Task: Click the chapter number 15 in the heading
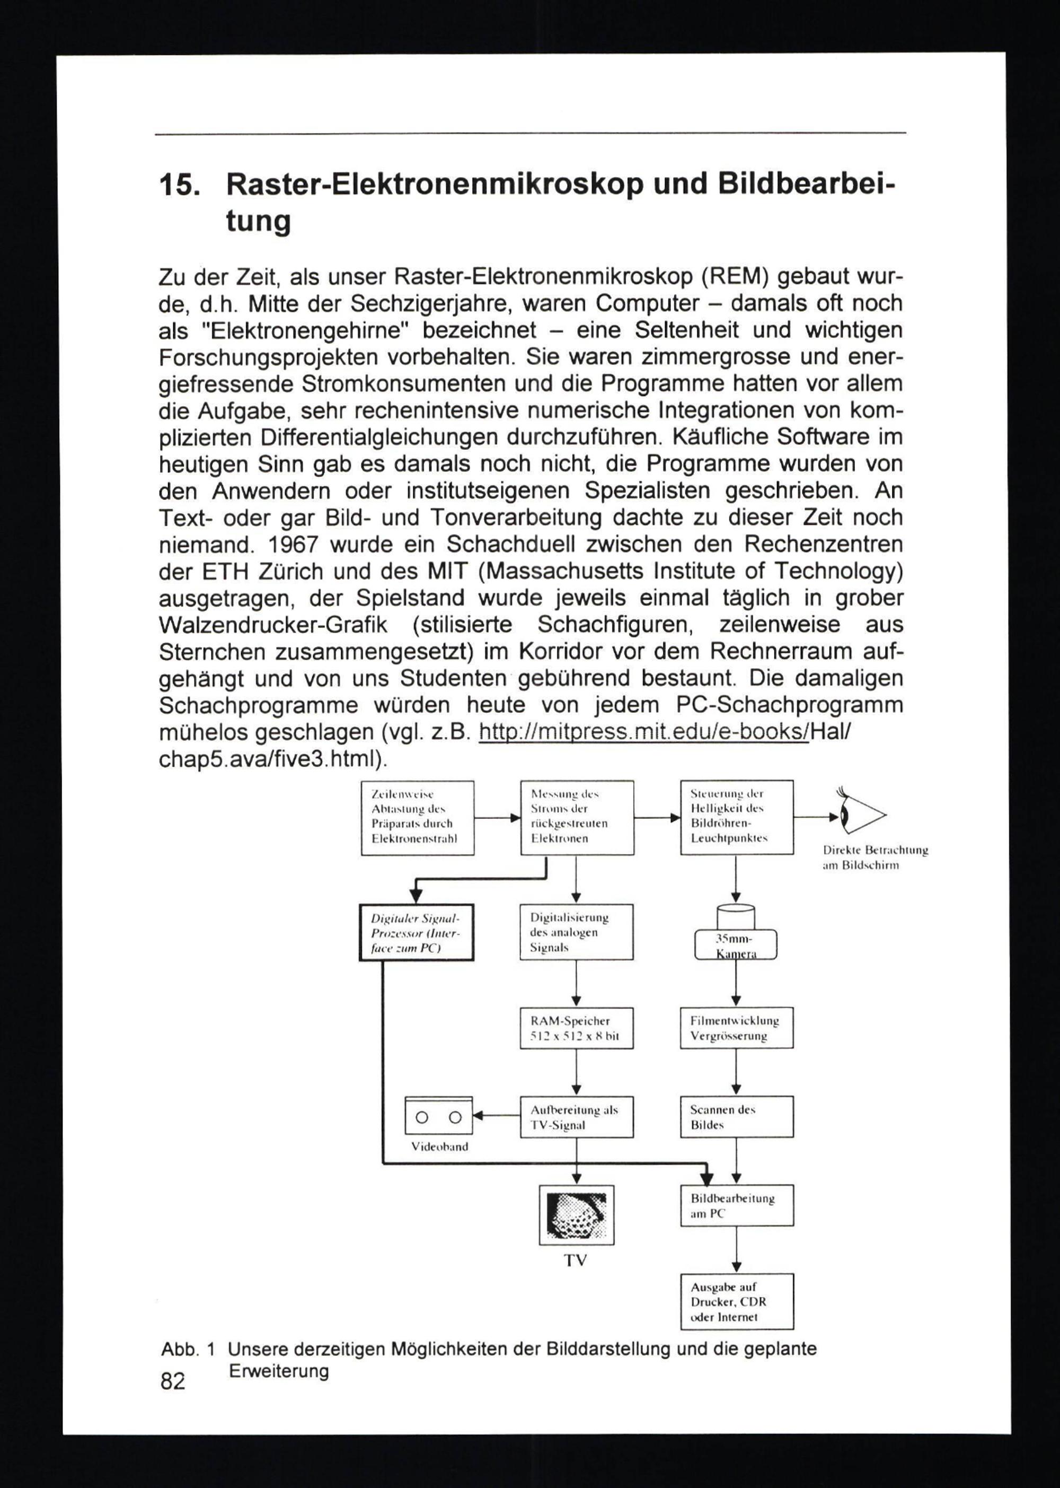tap(177, 186)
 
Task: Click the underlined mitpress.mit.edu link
tap(643, 731)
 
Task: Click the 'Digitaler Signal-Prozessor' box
tap(417, 932)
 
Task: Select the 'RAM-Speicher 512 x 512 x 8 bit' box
tap(576, 1028)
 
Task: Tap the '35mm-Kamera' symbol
tap(736, 934)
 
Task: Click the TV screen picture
tap(576, 1214)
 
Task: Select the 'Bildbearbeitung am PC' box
tap(736, 1205)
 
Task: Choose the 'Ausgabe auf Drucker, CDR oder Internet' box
tap(736, 1301)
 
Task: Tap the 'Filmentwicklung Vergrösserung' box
tap(736, 1028)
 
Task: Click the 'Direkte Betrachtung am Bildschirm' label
tap(874, 857)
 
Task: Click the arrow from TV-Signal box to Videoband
tap(496, 1116)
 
